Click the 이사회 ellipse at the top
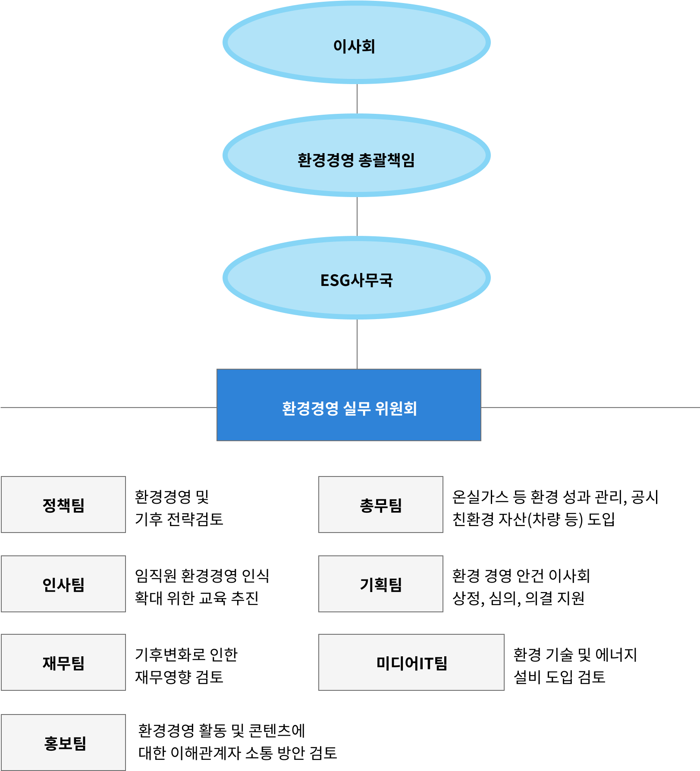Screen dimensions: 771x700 (356, 42)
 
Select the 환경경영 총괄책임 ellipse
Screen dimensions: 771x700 (356, 156)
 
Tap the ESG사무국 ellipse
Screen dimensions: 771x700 (356, 278)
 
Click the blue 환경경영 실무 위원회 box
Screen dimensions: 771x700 (348, 405)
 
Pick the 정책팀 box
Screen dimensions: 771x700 (63, 505)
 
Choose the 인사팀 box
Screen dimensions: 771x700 (63, 584)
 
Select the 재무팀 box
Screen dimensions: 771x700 (63, 662)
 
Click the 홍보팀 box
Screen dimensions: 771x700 (63, 742)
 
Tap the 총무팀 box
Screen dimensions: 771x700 (381, 505)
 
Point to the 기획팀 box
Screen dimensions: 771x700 (381, 584)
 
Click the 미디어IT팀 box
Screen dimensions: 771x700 (411, 662)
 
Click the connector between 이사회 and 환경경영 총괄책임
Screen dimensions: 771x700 (357, 99)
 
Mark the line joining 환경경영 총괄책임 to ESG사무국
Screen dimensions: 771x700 (357, 216)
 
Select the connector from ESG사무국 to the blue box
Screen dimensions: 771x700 (357, 344)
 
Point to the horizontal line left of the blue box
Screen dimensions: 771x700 (108, 407)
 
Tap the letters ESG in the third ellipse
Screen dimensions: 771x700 (335, 280)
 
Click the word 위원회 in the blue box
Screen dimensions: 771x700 (396, 408)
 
